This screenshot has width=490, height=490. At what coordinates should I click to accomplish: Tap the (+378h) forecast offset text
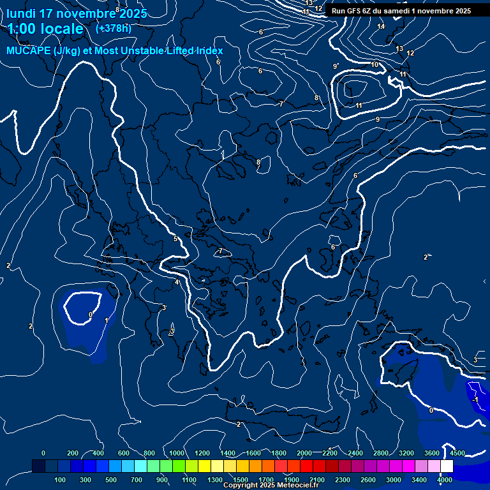[x=114, y=28]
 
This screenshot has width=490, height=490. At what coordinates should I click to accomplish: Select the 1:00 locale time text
[x=46, y=29]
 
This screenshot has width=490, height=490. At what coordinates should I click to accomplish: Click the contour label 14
[x=381, y=26]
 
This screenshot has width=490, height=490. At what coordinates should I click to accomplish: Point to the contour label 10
[x=375, y=65]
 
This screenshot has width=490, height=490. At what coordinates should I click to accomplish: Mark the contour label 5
[x=175, y=239]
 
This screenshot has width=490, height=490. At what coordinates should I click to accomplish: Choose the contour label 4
[x=177, y=283]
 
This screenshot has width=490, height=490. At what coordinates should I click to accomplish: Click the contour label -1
[x=475, y=399]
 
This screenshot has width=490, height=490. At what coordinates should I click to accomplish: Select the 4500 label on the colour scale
[x=457, y=453]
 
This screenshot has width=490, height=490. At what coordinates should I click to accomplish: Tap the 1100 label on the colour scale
[x=189, y=480]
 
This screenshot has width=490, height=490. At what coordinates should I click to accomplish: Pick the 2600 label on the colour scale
[x=368, y=480]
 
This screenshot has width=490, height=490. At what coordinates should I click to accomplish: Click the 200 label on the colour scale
[x=73, y=453]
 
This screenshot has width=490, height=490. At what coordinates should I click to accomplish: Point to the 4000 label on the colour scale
[x=445, y=480]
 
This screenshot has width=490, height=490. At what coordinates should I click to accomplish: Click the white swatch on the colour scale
[x=447, y=466]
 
